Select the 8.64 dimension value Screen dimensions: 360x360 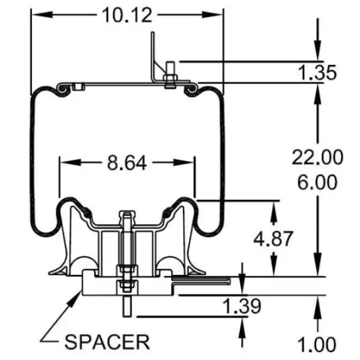[x=127, y=162]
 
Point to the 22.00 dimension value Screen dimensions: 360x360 [x=317, y=158]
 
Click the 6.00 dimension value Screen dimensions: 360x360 [x=317, y=181]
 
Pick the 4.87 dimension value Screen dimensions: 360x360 [x=274, y=238]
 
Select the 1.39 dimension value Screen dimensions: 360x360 [x=242, y=307]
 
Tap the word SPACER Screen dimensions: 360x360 [x=107, y=342]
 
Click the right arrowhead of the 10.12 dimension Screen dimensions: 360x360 [x=218, y=13]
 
